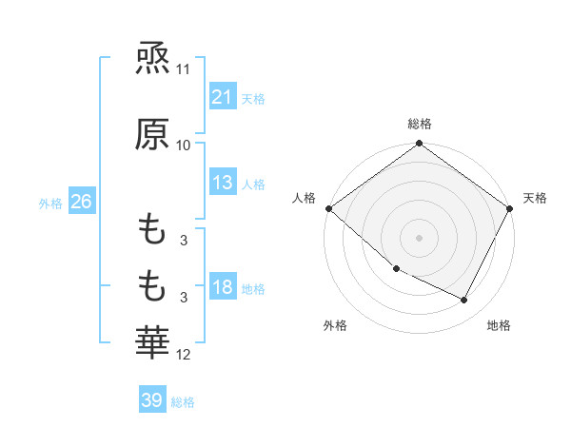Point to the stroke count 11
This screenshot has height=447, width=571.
184,70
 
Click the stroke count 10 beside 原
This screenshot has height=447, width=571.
184,146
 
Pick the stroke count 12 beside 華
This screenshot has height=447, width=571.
184,355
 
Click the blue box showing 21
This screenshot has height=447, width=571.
223,97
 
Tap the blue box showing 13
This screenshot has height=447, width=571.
223,184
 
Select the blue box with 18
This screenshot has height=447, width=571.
223,288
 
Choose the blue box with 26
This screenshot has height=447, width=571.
81,203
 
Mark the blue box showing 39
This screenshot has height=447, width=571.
151,400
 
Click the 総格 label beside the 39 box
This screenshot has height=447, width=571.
183,402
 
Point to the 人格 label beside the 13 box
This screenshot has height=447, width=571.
253,185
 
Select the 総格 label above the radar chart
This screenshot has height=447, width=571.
419,124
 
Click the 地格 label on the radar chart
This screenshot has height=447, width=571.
499,325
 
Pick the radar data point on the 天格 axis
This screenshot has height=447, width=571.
510,208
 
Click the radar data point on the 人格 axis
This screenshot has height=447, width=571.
328,208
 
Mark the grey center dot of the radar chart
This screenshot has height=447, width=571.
419,238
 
